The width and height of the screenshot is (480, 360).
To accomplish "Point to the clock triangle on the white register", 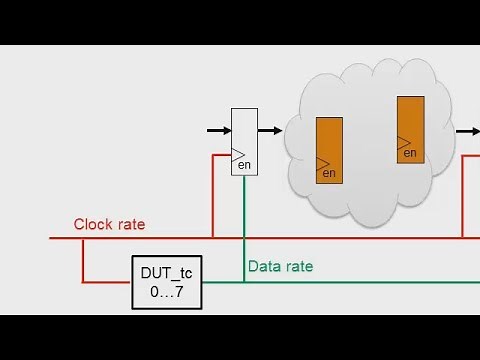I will pyautogui.click(x=238, y=155).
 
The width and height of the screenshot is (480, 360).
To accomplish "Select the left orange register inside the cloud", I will pyautogui.click(x=329, y=150).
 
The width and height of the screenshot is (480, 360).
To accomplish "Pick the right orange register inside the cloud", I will pyautogui.click(x=410, y=127).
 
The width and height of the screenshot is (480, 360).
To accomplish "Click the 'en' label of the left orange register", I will pyautogui.click(x=330, y=174).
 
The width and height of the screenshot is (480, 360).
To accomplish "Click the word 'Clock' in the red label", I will pyautogui.click(x=94, y=225).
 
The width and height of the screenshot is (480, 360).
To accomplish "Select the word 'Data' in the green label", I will pyautogui.click(x=265, y=266).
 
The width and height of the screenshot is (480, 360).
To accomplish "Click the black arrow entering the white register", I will pyautogui.click(x=218, y=130).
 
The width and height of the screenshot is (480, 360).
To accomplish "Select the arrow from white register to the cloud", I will pyautogui.click(x=270, y=130).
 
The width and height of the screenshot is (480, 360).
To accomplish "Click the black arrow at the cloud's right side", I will pyautogui.click(x=467, y=130).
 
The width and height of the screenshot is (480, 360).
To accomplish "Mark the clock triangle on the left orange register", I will pyautogui.click(x=322, y=163).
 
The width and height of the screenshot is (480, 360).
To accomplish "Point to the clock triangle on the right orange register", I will pyautogui.click(x=403, y=142).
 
